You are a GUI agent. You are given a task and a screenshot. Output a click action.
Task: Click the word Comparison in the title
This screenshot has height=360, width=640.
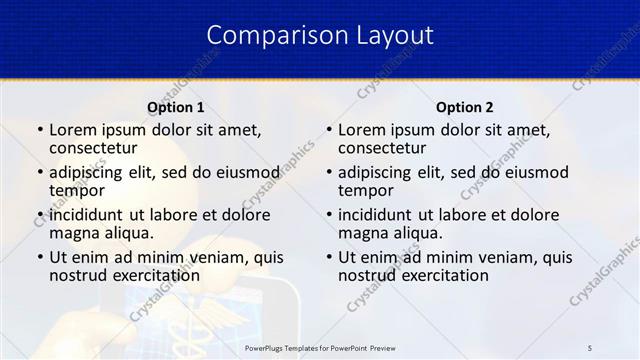coord(268,35)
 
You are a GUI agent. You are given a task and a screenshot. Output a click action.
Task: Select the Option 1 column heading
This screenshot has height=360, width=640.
coord(176,107)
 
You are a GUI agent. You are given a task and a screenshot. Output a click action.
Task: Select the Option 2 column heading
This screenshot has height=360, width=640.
coord(465,107)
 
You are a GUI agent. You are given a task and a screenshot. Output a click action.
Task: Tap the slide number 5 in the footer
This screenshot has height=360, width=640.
coord(590,347)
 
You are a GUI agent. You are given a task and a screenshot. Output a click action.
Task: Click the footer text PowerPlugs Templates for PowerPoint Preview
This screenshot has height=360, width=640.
coord(319,347)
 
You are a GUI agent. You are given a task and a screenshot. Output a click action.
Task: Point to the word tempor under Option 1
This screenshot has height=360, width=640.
coord(77,190)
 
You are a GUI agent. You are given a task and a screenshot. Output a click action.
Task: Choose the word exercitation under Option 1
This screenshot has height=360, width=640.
coord(155,275)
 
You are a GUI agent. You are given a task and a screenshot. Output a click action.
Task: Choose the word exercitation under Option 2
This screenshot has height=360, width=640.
coord(444,275)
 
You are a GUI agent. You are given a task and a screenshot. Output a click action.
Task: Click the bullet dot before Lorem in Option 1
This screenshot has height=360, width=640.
coord(39,130)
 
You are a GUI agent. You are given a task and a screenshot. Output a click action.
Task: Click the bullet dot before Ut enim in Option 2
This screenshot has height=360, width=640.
coord(328,257)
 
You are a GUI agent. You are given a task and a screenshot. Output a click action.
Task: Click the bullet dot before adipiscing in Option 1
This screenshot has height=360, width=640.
coord(39,172)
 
